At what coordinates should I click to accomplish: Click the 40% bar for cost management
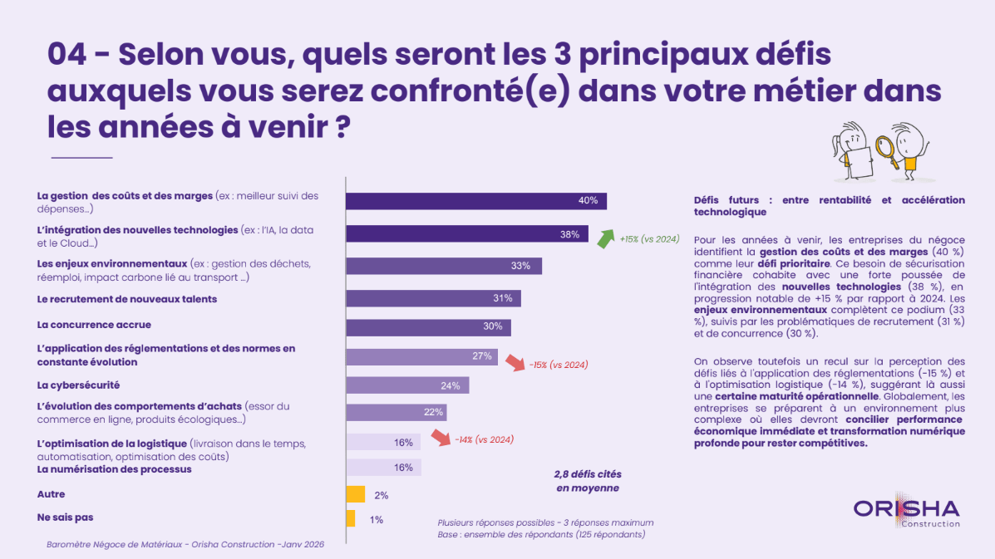click(475, 201)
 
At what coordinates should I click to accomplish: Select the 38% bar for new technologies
click(466, 234)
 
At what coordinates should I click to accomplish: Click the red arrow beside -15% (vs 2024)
click(513, 364)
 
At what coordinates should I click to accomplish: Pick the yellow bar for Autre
click(355, 494)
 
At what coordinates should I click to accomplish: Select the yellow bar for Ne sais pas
click(350, 518)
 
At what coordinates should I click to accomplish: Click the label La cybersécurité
click(79, 385)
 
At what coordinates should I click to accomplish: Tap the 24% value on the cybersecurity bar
click(451, 385)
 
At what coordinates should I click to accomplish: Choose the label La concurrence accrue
click(94, 325)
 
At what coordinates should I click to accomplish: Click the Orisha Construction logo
click(906, 512)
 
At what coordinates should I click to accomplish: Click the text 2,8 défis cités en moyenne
click(588, 481)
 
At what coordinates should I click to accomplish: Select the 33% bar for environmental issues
click(443, 266)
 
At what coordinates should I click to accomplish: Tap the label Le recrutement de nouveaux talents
click(127, 298)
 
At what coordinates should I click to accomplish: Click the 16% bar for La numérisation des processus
click(383, 468)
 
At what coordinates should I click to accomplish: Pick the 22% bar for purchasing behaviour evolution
click(396, 413)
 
